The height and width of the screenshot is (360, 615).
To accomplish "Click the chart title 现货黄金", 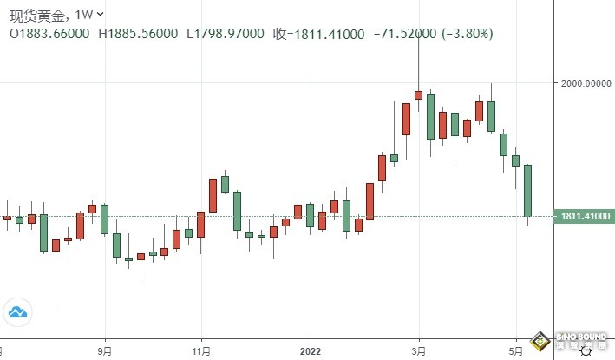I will (x=36, y=14).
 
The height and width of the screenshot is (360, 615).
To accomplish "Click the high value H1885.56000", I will (x=139, y=34).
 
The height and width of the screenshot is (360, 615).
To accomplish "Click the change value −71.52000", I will (x=406, y=34).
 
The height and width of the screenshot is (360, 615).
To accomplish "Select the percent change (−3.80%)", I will (x=469, y=34).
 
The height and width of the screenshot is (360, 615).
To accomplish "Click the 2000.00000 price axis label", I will (x=585, y=83).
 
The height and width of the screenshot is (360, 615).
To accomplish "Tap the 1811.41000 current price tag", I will (x=585, y=216).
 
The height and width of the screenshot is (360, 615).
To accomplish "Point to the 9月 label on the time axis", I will (x=105, y=351).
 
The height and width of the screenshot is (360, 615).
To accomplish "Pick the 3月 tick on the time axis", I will (x=418, y=351).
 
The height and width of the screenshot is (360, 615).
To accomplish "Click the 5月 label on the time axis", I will (x=515, y=351).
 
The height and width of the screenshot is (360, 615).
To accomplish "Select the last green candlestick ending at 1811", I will (x=527, y=190).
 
